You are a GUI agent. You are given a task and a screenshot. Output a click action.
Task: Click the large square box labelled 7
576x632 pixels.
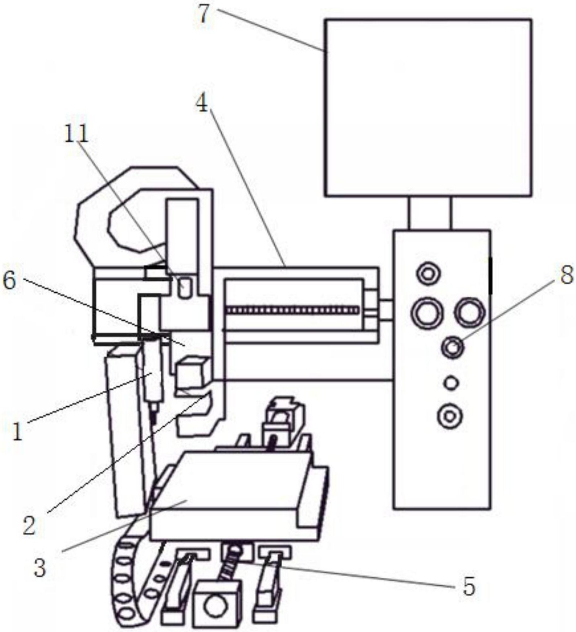(429, 108)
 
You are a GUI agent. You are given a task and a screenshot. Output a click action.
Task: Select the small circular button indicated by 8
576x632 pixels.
(453, 347)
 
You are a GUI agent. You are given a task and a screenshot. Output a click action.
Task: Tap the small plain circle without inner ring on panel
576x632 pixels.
(451, 383)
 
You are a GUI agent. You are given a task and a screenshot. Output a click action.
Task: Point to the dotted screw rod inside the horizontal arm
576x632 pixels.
(293, 310)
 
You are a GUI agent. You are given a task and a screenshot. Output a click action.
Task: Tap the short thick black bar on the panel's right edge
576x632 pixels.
(490, 276)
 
